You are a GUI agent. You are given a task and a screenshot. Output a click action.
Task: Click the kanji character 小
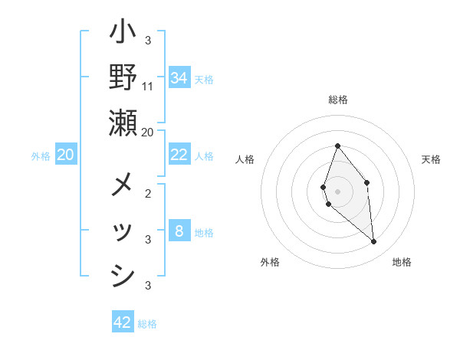123,35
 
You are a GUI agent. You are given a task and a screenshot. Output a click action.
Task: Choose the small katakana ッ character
123,232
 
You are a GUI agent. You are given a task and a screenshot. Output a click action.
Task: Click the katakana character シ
123,277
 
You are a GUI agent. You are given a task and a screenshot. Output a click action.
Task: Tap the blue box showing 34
179,77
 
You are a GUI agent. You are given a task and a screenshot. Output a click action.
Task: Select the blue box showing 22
179,154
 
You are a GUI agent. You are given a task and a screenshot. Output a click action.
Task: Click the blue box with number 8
179,231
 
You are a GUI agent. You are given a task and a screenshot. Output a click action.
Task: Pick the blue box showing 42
123,322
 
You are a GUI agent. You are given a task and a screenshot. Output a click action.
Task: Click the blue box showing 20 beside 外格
65,155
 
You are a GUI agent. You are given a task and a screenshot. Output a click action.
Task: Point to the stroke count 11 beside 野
148,86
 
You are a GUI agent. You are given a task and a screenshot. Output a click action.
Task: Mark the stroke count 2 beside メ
148,194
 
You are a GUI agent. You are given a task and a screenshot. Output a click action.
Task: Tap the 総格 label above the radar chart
338,100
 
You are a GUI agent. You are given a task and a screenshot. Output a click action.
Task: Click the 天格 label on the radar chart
431,159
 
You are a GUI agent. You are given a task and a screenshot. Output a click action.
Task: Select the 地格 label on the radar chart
402,262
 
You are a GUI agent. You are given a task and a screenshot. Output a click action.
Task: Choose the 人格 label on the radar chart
245,159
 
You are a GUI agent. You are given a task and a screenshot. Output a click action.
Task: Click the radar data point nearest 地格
374,242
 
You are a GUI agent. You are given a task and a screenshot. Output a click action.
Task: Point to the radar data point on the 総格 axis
337,146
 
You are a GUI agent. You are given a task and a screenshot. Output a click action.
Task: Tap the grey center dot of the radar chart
337,191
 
